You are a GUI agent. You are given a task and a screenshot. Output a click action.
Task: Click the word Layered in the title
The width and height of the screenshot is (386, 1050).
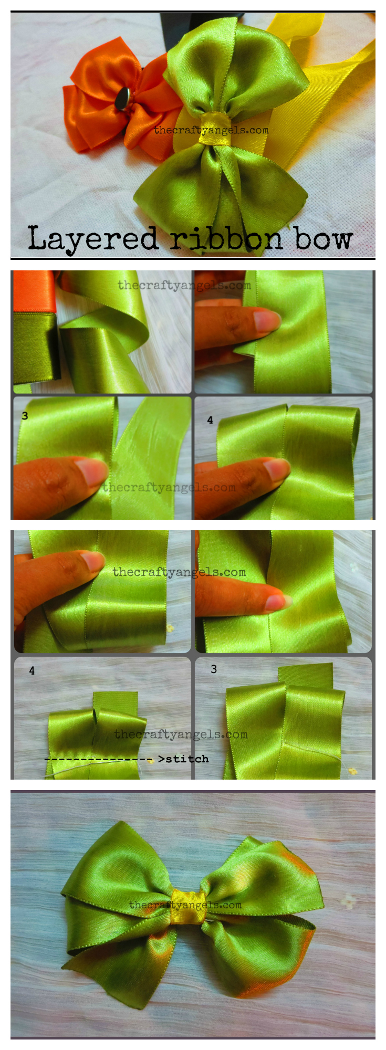click(92, 239)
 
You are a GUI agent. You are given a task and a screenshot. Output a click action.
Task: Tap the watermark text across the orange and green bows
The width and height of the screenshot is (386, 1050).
click(211, 130)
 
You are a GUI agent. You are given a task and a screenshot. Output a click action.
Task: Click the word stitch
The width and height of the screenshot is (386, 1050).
click(187, 759)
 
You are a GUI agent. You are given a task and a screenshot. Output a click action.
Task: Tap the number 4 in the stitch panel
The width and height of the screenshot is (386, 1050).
click(32, 671)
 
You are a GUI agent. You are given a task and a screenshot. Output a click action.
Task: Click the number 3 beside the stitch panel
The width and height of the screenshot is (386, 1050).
click(214, 669)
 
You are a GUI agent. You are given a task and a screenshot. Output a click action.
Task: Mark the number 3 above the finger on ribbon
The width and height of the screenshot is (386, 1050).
click(25, 416)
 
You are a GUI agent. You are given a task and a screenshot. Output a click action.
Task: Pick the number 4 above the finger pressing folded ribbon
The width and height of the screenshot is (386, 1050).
click(210, 420)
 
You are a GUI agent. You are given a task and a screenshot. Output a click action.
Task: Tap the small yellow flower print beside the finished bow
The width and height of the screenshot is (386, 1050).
click(348, 902)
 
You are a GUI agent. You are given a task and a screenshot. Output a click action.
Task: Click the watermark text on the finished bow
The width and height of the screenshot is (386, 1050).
click(185, 905)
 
